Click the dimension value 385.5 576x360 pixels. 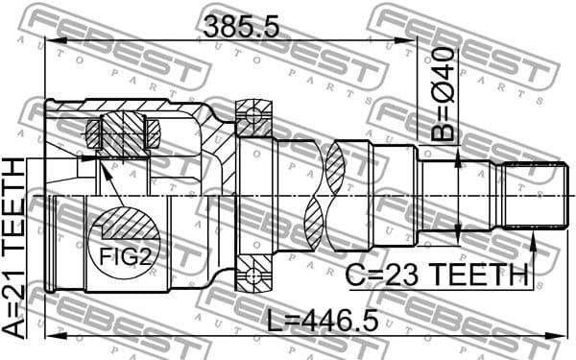241,27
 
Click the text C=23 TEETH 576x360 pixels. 438,276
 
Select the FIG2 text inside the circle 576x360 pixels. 123,257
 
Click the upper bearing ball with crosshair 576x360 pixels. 253,118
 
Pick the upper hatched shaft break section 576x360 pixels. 336,160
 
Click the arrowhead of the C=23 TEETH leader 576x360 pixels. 532,233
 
